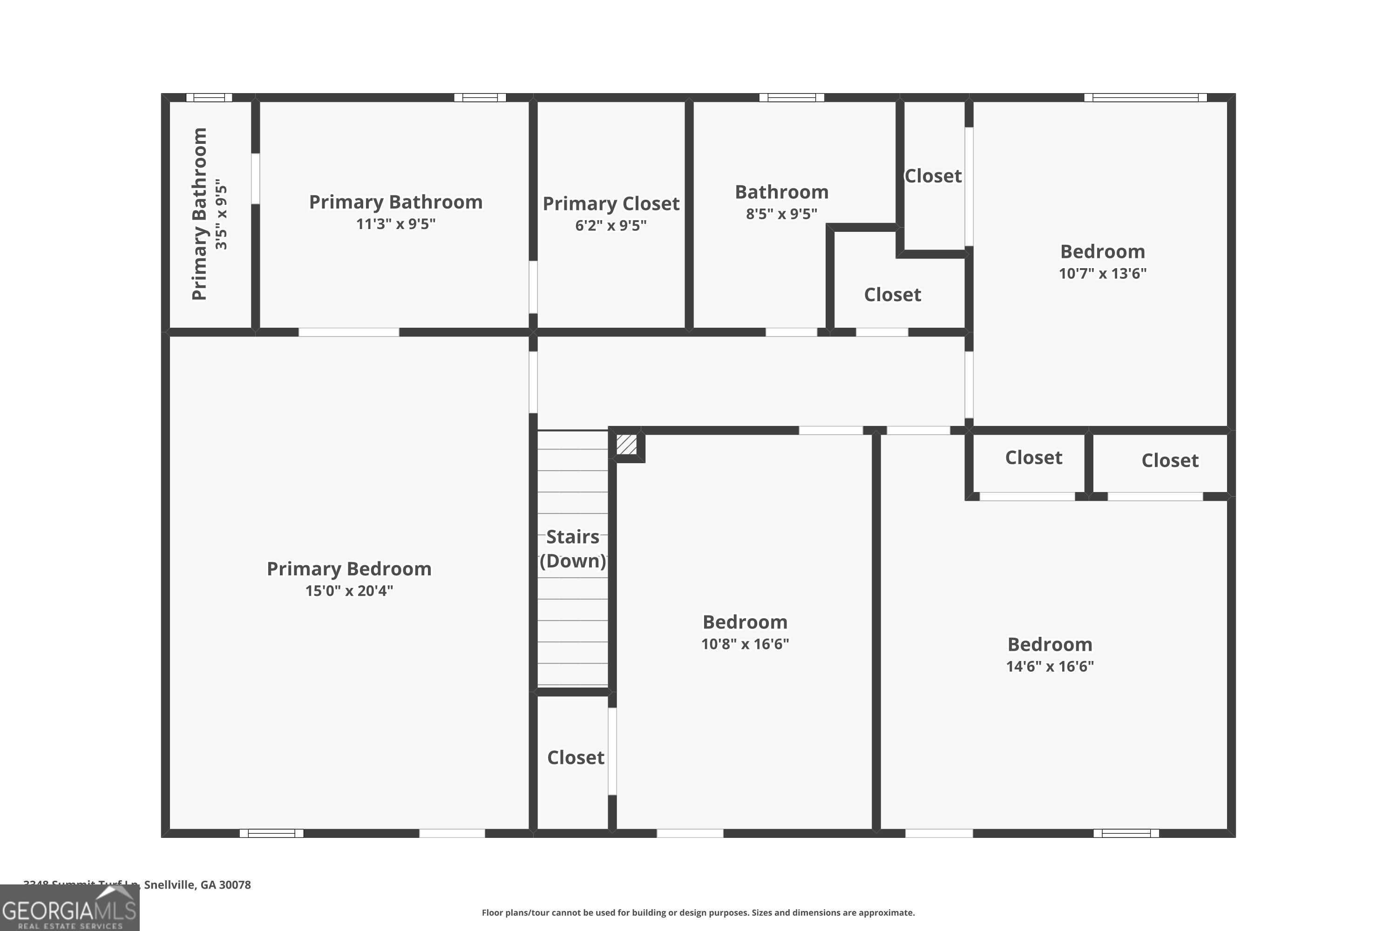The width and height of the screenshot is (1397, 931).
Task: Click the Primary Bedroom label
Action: click(349, 569)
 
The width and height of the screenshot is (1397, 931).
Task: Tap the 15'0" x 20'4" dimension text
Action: click(349, 591)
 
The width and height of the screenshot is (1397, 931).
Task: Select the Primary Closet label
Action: click(610, 204)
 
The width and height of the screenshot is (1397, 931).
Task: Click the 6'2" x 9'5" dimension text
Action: click(610, 226)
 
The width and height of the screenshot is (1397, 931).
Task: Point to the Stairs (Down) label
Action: click(573, 549)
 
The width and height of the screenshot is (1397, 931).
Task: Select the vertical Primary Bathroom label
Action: click(200, 214)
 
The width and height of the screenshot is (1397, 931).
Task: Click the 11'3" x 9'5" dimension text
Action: click(395, 224)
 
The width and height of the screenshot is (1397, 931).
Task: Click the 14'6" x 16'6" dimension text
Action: click(1050, 666)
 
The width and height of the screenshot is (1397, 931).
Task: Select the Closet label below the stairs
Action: click(576, 758)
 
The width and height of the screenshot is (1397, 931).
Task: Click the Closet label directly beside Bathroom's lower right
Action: click(892, 295)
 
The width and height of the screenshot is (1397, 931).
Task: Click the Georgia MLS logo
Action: click(69, 909)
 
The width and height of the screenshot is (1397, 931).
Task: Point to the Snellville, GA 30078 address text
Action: click(197, 885)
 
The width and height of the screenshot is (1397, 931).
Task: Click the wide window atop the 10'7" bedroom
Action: click(1145, 97)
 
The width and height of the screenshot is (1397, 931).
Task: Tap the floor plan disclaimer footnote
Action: click(698, 912)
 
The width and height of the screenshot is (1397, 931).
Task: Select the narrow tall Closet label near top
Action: click(933, 176)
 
